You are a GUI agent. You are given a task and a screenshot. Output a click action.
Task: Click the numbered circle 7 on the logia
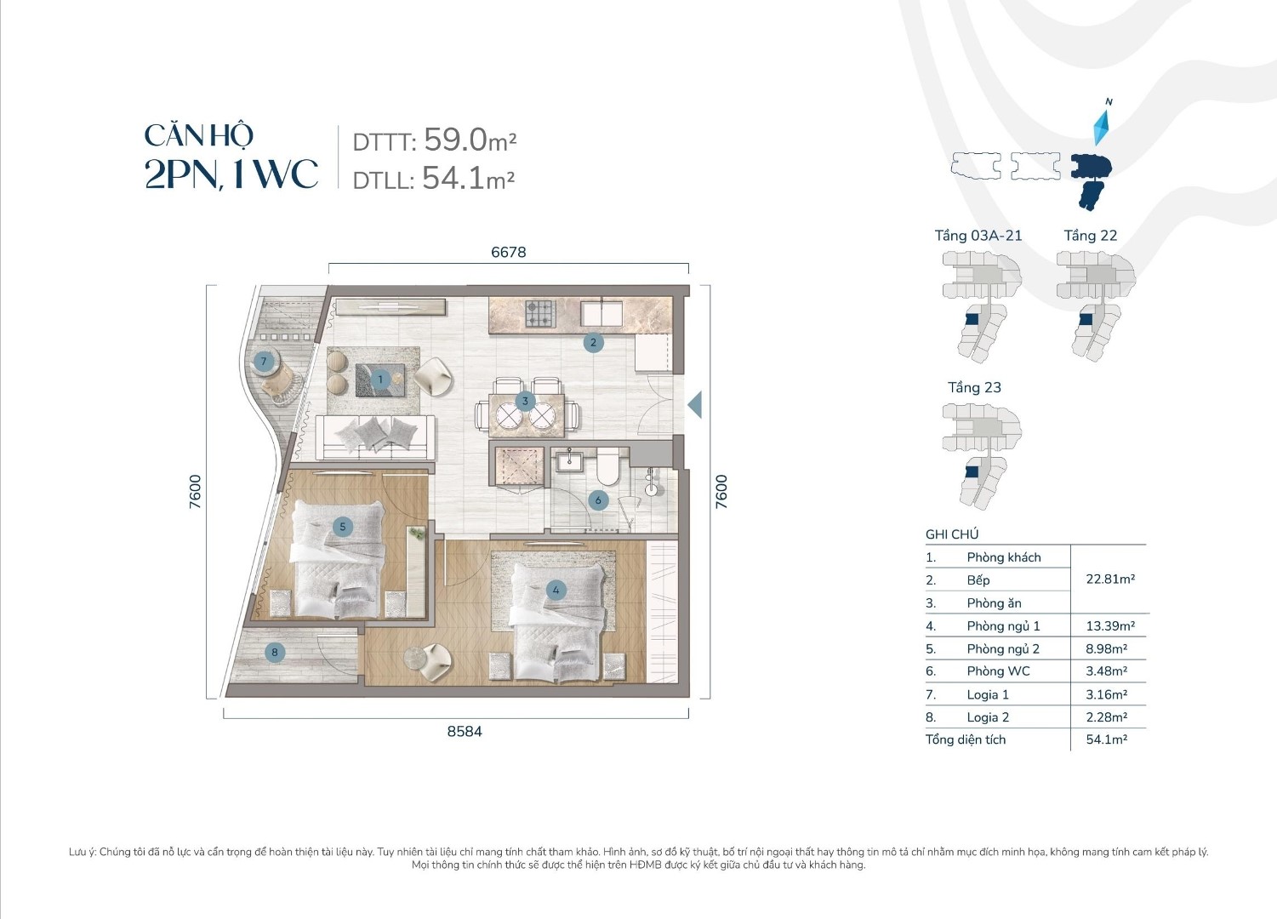(x=264, y=361)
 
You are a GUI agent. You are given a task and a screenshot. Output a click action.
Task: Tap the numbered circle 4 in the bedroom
(x=556, y=590)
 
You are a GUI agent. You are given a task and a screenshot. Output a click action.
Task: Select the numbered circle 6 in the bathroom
(x=598, y=500)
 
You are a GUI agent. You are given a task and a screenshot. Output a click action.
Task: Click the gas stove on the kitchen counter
(x=539, y=313)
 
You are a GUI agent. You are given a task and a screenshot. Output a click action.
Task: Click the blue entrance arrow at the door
(x=695, y=405)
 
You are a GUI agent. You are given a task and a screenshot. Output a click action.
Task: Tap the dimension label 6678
(x=509, y=252)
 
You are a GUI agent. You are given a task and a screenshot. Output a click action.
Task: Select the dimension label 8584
(x=465, y=732)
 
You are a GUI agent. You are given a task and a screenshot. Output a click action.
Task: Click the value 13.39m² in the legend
(x=1110, y=625)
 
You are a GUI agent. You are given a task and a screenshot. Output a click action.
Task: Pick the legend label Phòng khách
(x=1003, y=557)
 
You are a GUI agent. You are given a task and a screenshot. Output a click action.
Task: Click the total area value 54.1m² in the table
(x=1107, y=739)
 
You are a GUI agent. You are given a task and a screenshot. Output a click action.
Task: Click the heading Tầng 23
(x=974, y=388)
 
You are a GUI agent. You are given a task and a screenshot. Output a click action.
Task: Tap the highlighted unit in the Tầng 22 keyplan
(x=1086, y=319)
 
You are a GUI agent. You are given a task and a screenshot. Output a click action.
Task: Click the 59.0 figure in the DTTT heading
(x=455, y=140)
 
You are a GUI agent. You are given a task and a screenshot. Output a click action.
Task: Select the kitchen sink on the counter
(x=601, y=313)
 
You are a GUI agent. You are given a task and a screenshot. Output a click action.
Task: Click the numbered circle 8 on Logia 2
(x=275, y=652)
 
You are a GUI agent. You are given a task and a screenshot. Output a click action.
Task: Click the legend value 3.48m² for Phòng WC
(x=1106, y=671)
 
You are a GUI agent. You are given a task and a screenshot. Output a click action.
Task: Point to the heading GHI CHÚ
(x=951, y=534)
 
